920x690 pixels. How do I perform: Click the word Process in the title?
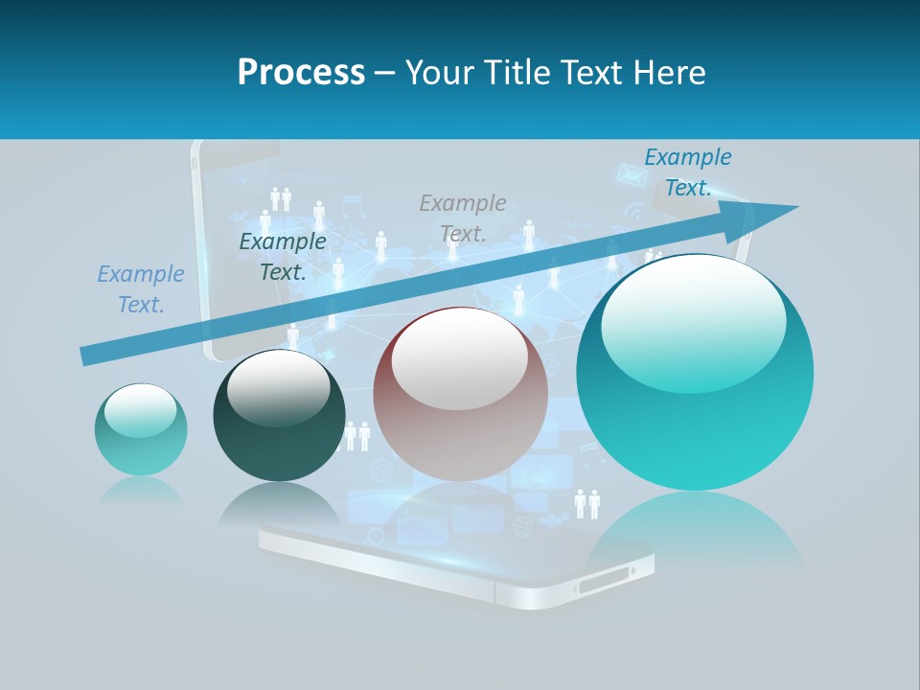(x=301, y=72)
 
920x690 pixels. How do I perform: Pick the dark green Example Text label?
(x=282, y=257)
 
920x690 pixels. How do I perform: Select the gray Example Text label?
(x=462, y=218)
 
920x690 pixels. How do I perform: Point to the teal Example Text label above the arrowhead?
(x=687, y=172)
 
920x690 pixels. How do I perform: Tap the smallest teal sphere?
(x=141, y=429)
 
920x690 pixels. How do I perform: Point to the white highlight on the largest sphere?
(x=693, y=321)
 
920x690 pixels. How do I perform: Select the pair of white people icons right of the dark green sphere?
(x=356, y=436)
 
